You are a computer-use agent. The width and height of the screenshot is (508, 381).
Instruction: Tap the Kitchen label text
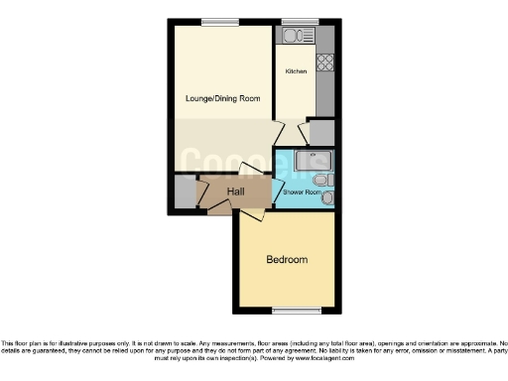click(x=296, y=72)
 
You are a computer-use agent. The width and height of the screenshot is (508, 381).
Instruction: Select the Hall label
click(x=236, y=191)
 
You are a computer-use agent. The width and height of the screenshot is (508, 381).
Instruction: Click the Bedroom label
click(x=287, y=260)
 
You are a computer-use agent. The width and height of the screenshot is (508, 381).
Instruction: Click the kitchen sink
click(x=295, y=38)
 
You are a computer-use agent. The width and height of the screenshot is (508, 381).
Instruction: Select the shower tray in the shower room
click(x=316, y=161)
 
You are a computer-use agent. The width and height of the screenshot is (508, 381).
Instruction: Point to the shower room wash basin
click(x=328, y=198)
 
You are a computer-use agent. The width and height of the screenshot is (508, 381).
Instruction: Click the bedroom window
click(x=287, y=311)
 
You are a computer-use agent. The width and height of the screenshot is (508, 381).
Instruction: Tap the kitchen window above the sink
click(x=295, y=22)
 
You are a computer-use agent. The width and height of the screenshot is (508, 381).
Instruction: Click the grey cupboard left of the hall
click(x=185, y=191)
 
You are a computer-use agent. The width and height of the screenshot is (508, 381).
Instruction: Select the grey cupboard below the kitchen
click(x=321, y=133)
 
